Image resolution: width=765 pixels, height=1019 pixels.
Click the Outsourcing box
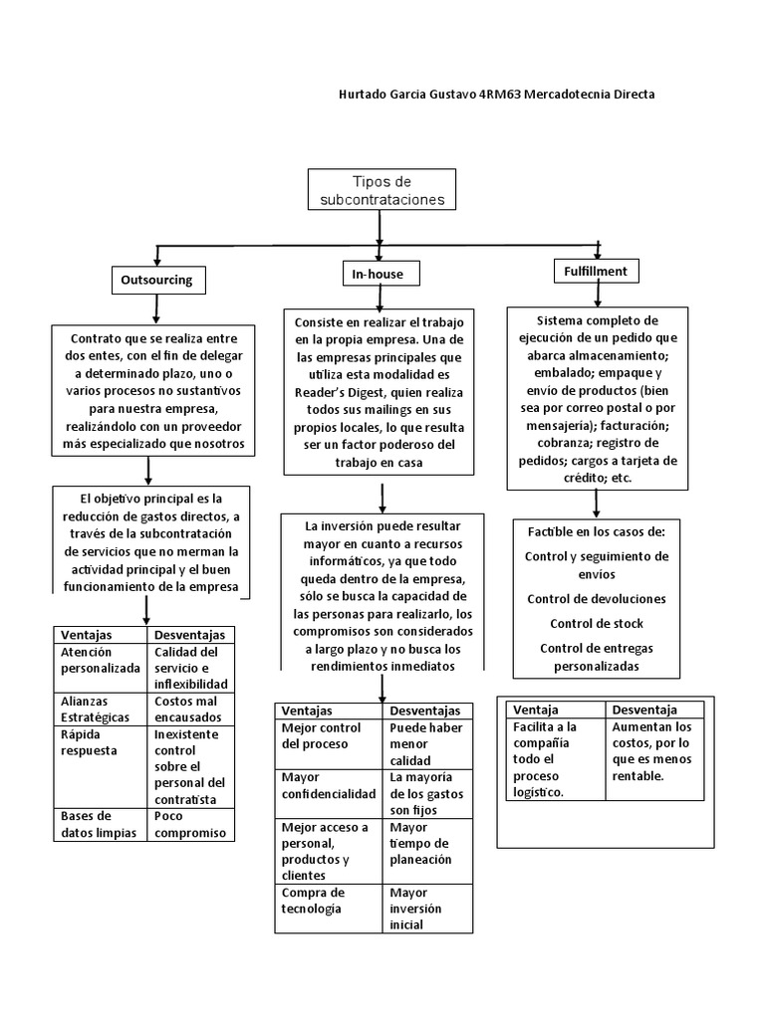coord(156,281)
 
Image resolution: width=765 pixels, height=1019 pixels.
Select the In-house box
coord(380,273)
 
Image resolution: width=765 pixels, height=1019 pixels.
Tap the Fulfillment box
coord(596,270)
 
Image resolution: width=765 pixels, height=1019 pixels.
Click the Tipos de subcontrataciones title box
coord(382,190)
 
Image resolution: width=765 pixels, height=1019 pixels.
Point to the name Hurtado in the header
coord(365,94)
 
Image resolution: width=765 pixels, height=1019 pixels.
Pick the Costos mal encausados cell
coord(190,710)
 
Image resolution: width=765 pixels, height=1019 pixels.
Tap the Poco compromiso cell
coord(190,824)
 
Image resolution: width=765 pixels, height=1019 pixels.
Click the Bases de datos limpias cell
coord(100,824)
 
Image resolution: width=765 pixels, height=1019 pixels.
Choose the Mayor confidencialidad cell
coord(329,785)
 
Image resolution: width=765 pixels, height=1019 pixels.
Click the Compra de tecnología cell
coord(329,901)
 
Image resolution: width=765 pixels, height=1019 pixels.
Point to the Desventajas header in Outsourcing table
coord(190,635)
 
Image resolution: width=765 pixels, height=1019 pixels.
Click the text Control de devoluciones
coord(596,599)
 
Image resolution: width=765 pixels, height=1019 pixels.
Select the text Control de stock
coord(596,624)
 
